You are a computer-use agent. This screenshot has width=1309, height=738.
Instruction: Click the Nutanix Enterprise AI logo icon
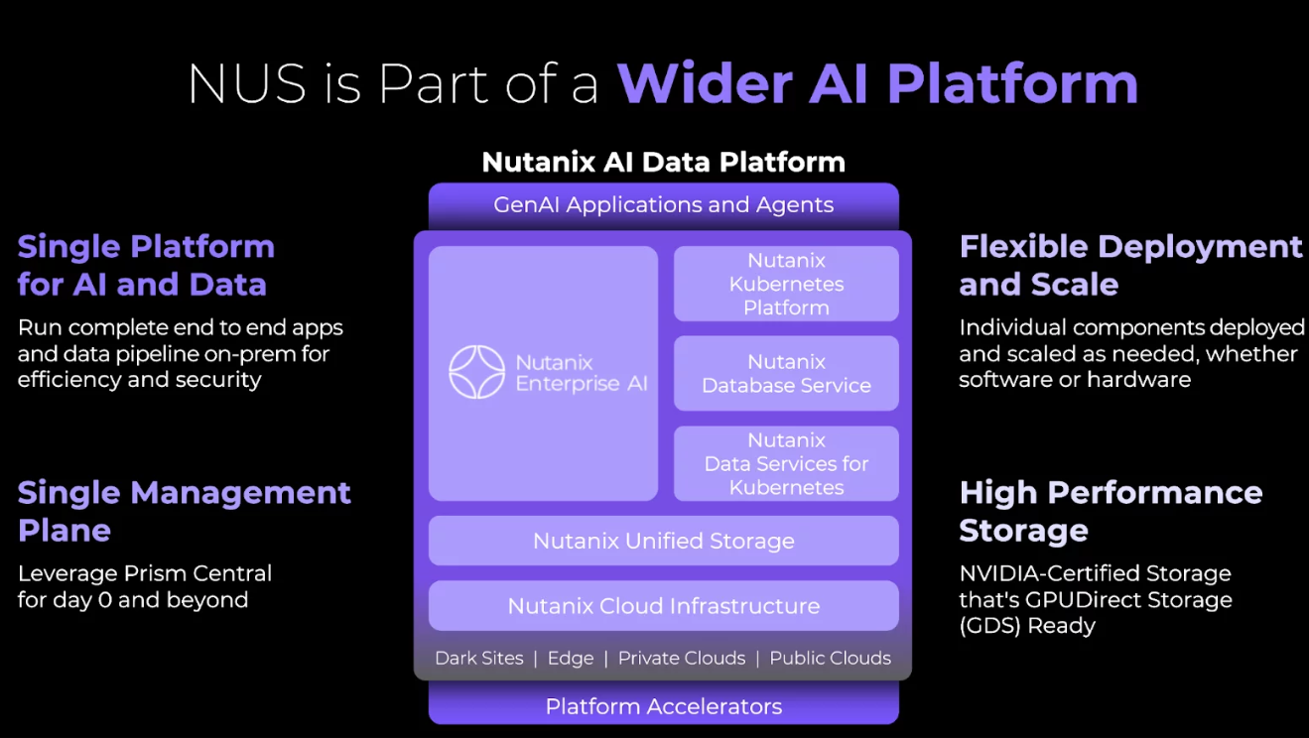tap(476, 372)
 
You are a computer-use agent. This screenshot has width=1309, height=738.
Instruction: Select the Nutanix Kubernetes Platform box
tap(786, 284)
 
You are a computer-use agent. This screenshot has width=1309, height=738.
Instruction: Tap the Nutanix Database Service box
tap(786, 374)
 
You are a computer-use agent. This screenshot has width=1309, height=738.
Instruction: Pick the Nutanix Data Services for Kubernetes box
tap(786, 463)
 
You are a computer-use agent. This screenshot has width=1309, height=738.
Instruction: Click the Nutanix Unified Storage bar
tap(663, 541)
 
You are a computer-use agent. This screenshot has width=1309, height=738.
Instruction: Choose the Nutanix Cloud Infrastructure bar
tap(663, 606)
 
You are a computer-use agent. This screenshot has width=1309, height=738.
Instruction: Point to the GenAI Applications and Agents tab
tap(663, 205)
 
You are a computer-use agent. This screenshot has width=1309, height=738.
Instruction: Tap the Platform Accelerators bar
tap(663, 706)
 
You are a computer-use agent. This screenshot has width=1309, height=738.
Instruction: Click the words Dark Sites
tap(478, 659)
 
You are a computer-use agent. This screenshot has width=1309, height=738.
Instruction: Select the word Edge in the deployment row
tap(571, 659)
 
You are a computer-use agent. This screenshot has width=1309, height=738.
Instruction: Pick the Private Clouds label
tap(681, 659)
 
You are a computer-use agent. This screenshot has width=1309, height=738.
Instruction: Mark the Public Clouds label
tap(830, 659)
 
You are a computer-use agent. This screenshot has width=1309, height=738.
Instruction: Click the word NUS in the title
tap(247, 83)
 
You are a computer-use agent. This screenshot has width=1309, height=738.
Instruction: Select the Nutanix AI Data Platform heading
tap(663, 162)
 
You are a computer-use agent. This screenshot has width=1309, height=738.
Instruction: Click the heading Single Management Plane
tap(185, 511)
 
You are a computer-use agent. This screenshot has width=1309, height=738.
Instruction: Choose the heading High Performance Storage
tap(1111, 511)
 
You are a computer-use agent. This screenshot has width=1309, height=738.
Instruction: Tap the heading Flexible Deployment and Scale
tap(1130, 265)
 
